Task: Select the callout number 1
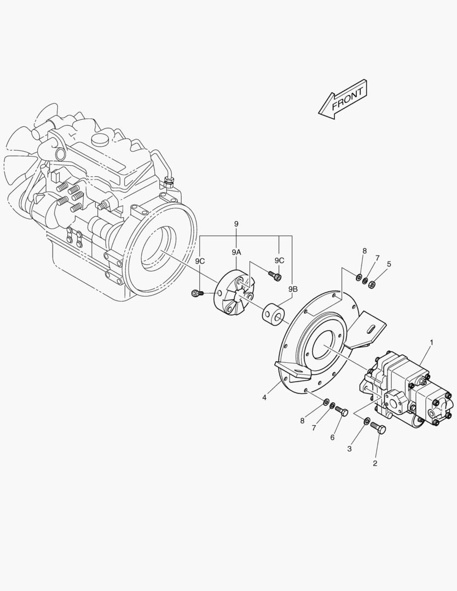[x=431, y=343]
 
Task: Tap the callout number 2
[x=375, y=463]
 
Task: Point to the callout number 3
[x=349, y=449]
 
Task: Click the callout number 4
[x=264, y=397]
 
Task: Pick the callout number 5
[x=389, y=264]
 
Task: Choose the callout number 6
[x=332, y=438]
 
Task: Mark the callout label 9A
[x=236, y=252]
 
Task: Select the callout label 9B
[x=293, y=289]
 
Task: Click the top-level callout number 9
[x=236, y=224]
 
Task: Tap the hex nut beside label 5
[x=372, y=284]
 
